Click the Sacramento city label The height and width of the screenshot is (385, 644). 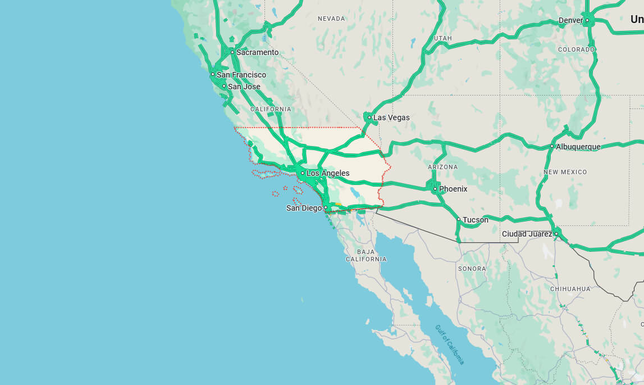click(x=257, y=52)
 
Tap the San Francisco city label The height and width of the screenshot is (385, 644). click(x=241, y=75)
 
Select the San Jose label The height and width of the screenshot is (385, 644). click(x=244, y=87)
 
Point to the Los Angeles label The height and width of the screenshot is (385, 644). click(x=328, y=173)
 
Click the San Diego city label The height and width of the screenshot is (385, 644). click(x=304, y=208)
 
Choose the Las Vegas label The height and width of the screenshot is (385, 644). click(x=391, y=117)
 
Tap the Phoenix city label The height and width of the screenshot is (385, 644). click(x=453, y=189)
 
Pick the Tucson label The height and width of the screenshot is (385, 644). click(x=475, y=220)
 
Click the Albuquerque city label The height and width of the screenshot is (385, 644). click(x=578, y=147)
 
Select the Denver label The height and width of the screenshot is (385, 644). click(x=570, y=21)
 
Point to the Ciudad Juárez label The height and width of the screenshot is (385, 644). click(x=527, y=234)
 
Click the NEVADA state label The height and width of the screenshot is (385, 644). click(x=331, y=19)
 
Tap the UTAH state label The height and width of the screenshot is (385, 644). click(x=443, y=38)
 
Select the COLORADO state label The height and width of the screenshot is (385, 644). click(x=576, y=49)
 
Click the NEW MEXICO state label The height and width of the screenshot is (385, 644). click(x=565, y=172)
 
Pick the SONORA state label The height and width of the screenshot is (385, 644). click(x=472, y=269)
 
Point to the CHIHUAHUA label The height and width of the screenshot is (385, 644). click(x=570, y=289)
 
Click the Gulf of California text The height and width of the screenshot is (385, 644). click(x=450, y=344)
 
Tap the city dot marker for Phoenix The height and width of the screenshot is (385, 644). click(x=435, y=189)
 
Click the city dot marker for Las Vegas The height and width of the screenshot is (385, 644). click(x=369, y=117)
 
